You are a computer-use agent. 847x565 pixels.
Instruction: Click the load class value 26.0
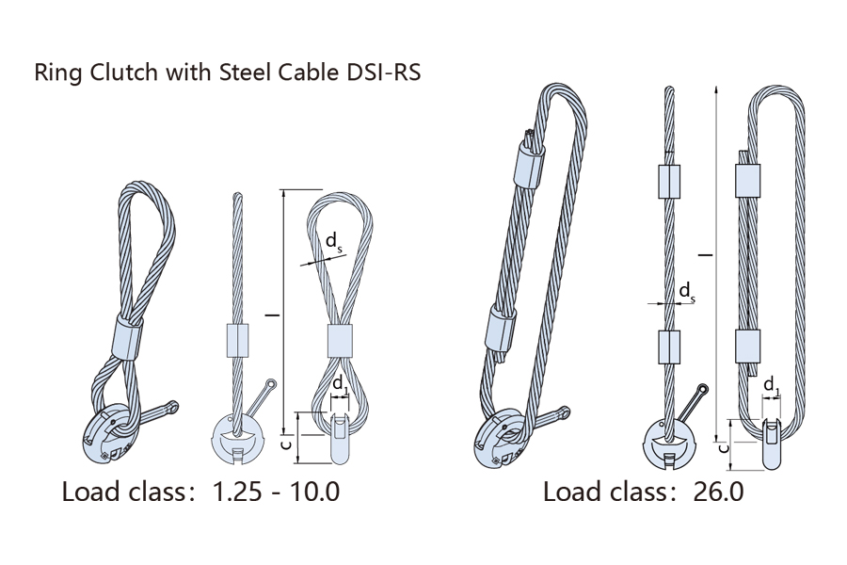point(717,492)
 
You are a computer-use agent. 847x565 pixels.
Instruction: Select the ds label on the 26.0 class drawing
point(687,292)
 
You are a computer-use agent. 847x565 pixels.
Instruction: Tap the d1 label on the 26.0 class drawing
point(771,383)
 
